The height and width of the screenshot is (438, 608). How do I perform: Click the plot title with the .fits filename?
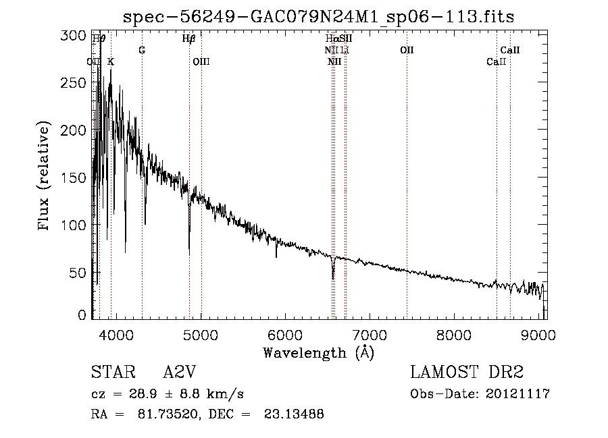click(318, 17)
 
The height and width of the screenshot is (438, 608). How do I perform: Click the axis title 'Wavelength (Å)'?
click(318, 352)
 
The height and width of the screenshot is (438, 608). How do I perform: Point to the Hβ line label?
click(189, 39)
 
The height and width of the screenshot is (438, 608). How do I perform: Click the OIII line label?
click(201, 61)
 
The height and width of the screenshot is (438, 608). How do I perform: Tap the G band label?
click(142, 50)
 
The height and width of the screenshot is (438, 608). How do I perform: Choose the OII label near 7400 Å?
click(407, 50)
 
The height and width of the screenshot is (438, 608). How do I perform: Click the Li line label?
click(345, 50)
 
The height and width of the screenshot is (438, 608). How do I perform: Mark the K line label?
click(111, 61)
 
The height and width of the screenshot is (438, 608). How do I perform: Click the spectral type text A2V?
click(180, 373)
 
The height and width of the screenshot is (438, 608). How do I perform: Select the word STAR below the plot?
click(111, 373)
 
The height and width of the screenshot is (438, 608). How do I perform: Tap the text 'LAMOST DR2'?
click(467, 373)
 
